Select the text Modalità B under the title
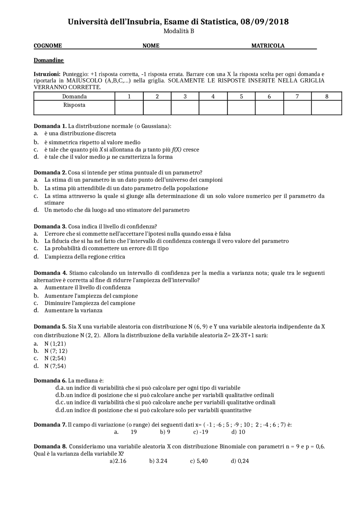point(179,31)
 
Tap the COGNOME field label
point(48,46)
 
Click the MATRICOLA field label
point(268,46)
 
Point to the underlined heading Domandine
point(49,60)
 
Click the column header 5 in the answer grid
point(241,96)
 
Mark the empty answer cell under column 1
point(129,108)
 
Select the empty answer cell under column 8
point(326,108)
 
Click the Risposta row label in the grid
point(74,105)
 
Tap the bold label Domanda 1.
point(50,126)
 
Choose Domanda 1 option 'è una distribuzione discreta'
point(80,134)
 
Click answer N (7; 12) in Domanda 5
point(56,351)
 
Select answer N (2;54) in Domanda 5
point(55,358)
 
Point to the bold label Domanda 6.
point(50,381)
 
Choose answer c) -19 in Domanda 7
point(201,432)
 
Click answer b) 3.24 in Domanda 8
point(158,461)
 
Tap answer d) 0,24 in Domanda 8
point(240,461)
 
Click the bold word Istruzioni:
point(47,74)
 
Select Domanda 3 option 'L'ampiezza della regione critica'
point(84,257)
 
